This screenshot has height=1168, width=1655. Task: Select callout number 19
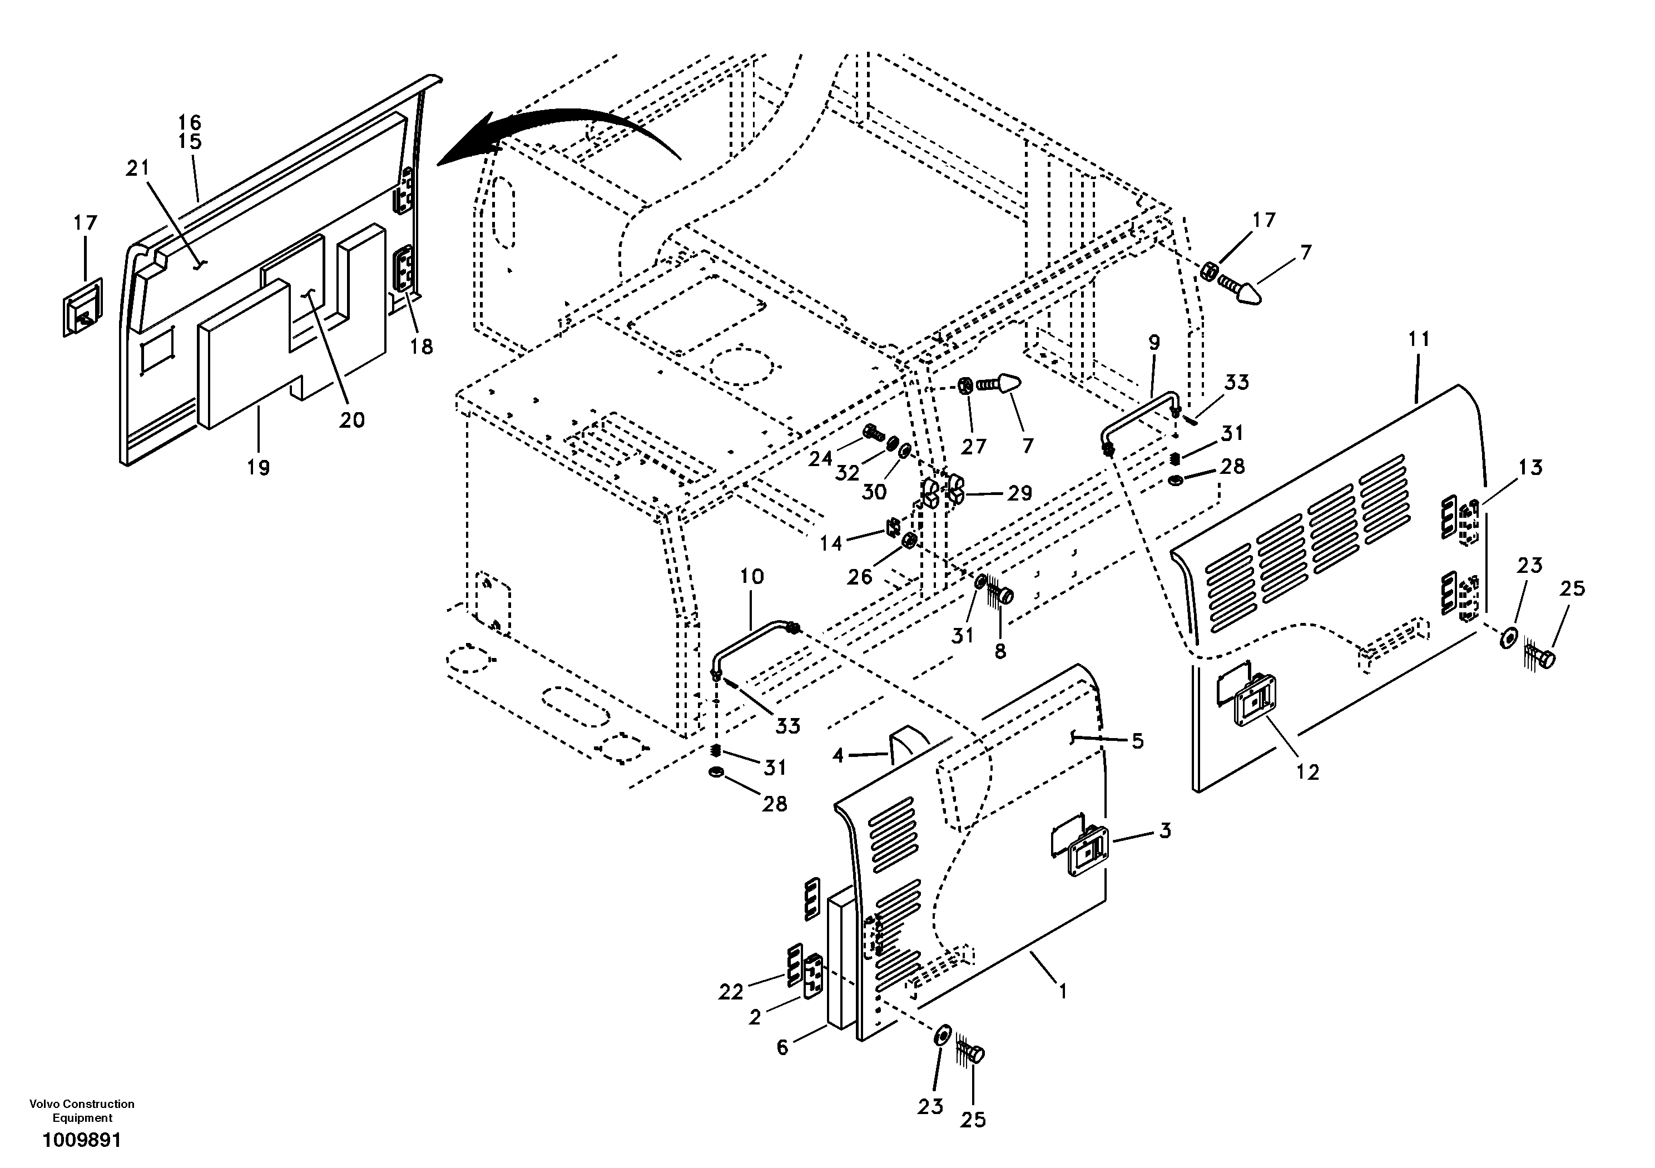[258, 468]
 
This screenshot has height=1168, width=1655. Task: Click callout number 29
[1019, 493]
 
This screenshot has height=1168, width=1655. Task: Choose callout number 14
[830, 543]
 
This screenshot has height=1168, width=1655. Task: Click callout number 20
[352, 419]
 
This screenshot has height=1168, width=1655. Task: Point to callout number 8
[1000, 650]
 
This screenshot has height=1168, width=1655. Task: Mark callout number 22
[730, 992]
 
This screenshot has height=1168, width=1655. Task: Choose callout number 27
[973, 446]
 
